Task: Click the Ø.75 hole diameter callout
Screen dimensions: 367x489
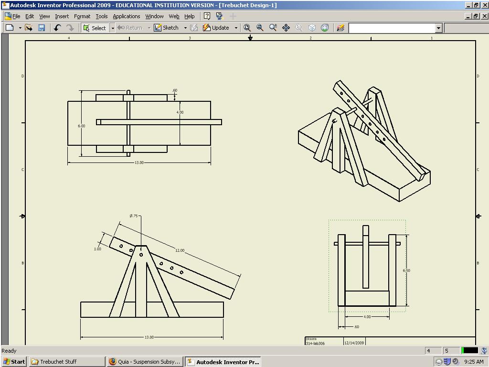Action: pos(134,216)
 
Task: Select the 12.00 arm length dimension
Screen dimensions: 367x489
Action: pos(180,250)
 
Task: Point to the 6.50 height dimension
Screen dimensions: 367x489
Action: pos(406,270)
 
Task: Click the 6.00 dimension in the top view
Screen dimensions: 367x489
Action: pos(82,126)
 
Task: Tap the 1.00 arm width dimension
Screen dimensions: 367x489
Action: pos(97,249)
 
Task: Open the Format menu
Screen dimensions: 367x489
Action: pos(82,16)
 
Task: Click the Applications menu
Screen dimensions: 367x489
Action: pos(126,16)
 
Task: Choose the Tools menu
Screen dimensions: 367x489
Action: pos(102,16)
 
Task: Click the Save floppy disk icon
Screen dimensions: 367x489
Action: pos(42,28)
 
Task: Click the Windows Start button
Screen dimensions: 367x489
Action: pos(14,362)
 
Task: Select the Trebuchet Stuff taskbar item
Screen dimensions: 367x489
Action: pos(67,362)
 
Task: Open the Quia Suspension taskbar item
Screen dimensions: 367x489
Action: pos(145,362)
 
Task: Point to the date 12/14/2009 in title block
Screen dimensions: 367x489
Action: pos(354,343)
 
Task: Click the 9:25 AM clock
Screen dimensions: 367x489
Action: pos(474,362)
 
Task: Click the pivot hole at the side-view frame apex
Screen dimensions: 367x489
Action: pos(141,255)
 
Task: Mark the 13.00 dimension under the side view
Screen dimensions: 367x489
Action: pos(149,337)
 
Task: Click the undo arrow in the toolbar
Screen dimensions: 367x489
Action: pos(57,28)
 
